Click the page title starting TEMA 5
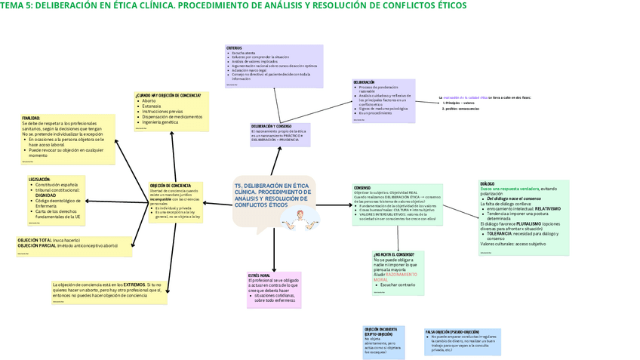click(234, 6)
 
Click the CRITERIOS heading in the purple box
click(234, 48)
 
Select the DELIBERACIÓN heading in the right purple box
click(364, 82)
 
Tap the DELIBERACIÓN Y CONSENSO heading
click(271, 126)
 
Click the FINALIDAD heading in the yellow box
click(31, 118)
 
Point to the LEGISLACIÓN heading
click(40, 180)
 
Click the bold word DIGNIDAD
click(45, 195)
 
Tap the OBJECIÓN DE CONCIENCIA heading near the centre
click(170, 186)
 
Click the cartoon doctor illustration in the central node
click(297, 217)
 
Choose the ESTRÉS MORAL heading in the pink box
click(259, 275)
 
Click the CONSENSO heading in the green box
click(362, 188)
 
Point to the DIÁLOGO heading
click(488, 183)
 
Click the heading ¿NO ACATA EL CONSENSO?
click(393, 254)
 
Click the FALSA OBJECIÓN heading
click(452, 331)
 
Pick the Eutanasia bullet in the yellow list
click(150, 106)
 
